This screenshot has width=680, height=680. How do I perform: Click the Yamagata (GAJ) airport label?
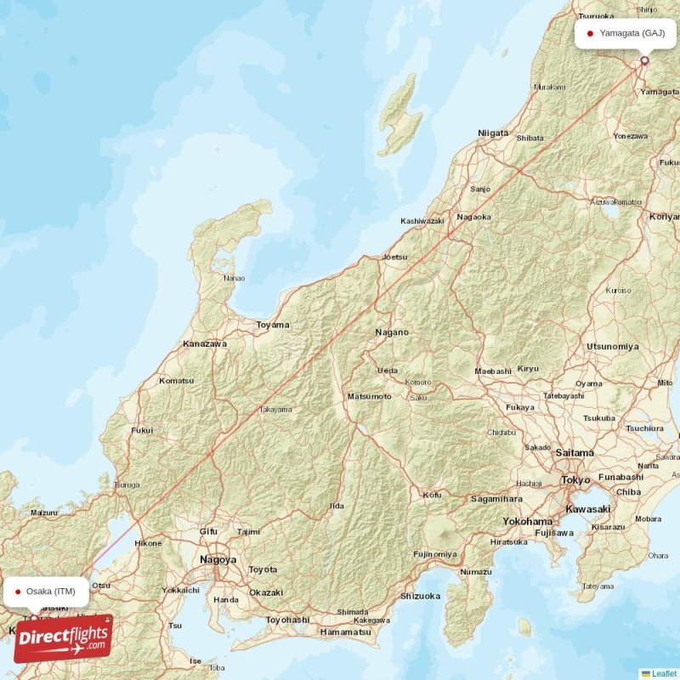click(x=632, y=34)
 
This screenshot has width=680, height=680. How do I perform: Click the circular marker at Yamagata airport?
click(x=644, y=60)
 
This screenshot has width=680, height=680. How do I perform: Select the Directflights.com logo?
click(x=63, y=638)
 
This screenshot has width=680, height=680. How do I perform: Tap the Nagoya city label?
click(x=218, y=559)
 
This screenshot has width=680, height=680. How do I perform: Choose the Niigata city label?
click(x=493, y=133)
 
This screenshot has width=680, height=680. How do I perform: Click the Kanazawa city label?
click(x=205, y=344)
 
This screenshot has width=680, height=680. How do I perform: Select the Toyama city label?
click(x=273, y=325)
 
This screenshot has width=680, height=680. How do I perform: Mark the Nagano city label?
click(x=392, y=332)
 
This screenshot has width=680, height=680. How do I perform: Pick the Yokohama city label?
click(x=528, y=521)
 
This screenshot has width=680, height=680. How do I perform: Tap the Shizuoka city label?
click(x=419, y=596)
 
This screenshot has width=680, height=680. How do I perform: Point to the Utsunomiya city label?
click(x=612, y=347)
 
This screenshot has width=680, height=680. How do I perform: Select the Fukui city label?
click(x=142, y=431)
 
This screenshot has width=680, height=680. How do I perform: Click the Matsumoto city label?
click(x=369, y=397)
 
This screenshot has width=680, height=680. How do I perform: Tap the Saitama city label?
click(x=575, y=453)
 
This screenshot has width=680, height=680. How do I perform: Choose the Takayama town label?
click(x=275, y=410)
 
